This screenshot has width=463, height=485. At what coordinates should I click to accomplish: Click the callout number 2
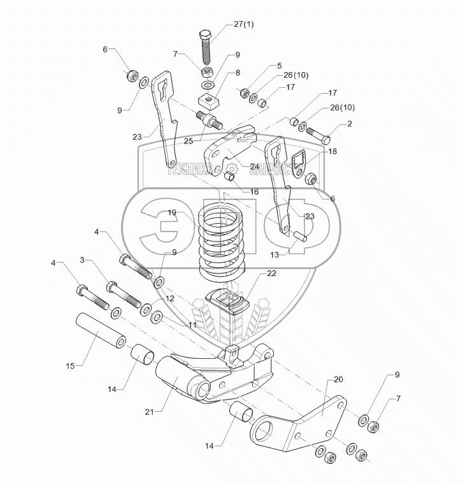tap(349, 124)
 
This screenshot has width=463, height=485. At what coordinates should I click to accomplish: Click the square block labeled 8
tap(207, 101)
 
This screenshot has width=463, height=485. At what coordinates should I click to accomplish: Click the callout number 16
tap(254, 191)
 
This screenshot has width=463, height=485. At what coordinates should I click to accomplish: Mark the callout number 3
tap(82, 260)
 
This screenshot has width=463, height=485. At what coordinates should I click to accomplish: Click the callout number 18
tap(332, 152)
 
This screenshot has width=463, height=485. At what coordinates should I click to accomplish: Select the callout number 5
tap(278, 66)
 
